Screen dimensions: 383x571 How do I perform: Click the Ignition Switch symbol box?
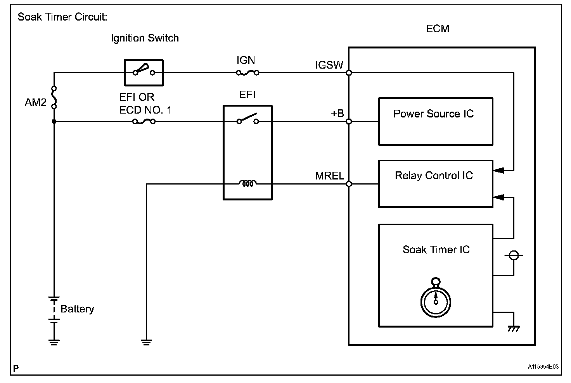[x=144, y=72]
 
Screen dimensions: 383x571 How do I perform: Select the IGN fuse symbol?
[x=247, y=72]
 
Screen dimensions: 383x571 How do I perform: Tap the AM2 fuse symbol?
[x=54, y=97]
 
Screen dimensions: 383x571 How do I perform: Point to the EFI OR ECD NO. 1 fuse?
[x=144, y=121]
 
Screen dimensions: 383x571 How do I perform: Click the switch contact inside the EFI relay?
[x=247, y=119]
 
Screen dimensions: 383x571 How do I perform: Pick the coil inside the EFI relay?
[x=247, y=183]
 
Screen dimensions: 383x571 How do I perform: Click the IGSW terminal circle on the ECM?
[x=349, y=72]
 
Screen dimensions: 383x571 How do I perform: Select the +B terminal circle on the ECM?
[x=349, y=121]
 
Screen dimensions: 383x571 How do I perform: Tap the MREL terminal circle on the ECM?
[x=349, y=184]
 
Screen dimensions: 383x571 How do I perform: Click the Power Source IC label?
[x=433, y=114]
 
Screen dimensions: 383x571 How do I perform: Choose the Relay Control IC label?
[x=434, y=176]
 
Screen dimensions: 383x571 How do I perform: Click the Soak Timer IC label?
[x=436, y=249]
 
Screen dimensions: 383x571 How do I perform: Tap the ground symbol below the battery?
[x=54, y=342]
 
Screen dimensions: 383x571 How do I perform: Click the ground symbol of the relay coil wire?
[x=146, y=342]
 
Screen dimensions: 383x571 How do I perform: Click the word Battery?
[x=77, y=309]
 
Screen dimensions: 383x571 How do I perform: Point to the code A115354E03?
[x=543, y=366]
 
